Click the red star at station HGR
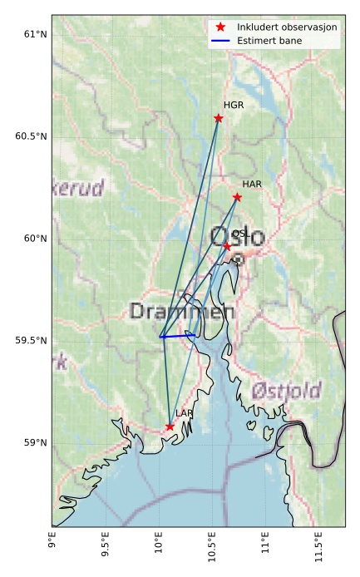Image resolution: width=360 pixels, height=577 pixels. point(219,118)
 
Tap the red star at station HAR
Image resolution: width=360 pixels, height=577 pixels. point(237,197)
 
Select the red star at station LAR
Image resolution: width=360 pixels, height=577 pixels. point(170,427)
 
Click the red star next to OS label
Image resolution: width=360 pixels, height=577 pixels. point(227,246)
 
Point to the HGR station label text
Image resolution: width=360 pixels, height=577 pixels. point(234,106)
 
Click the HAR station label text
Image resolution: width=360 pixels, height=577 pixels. point(252,184)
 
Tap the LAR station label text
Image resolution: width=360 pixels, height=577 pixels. point(185,413)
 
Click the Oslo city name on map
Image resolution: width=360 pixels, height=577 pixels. point(238,238)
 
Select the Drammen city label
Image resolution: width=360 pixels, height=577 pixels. point(182,312)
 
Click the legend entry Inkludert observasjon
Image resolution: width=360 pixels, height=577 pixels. point(287,27)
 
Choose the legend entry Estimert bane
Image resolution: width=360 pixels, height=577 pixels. point(269,40)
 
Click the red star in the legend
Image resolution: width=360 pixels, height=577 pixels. point(220,27)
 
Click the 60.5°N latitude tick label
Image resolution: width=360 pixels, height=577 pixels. point(27,136)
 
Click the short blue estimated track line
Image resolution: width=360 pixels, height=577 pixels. point(175,335)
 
